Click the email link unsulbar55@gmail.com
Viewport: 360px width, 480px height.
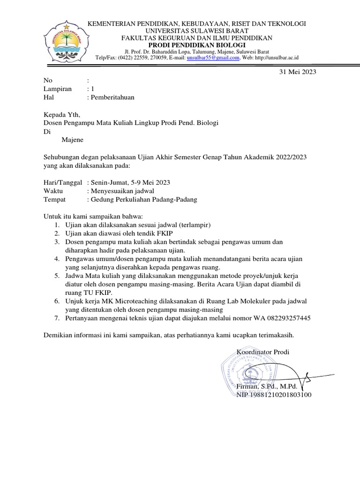coord(213,58)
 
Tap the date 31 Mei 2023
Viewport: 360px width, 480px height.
coord(298,72)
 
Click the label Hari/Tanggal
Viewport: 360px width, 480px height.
coord(63,182)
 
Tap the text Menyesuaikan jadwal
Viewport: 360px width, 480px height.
coord(120,191)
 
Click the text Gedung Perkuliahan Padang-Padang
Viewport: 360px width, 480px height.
coord(142,199)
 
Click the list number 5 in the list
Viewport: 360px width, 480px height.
coord(56,276)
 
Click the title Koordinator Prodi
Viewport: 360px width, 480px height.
coord(263,352)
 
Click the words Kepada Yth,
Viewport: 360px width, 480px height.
coord(62,114)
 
